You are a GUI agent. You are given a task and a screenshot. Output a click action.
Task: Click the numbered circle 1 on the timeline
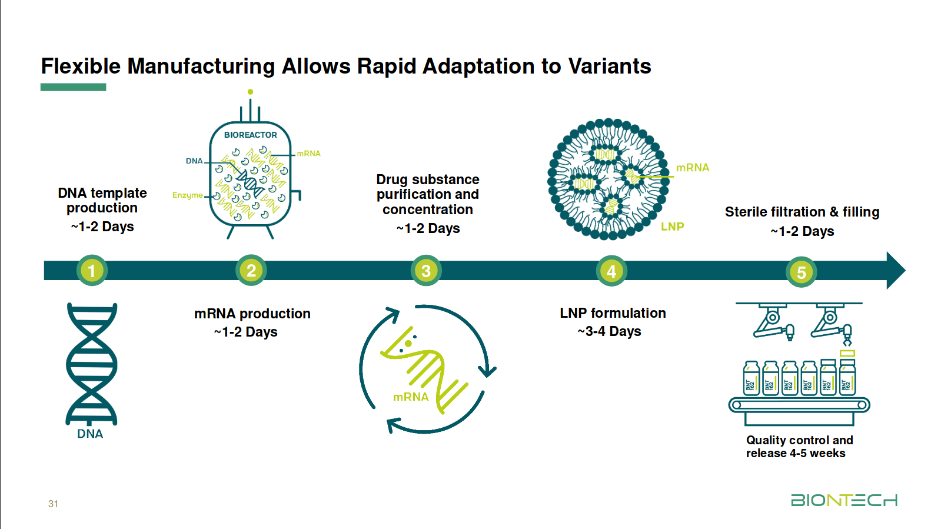coord(92,271)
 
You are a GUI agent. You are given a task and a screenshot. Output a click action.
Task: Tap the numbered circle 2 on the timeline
coord(251,270)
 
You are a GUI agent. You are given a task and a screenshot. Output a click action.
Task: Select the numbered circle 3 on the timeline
coord(426,271)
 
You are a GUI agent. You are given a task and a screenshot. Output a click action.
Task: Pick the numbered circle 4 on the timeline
coord(611,271)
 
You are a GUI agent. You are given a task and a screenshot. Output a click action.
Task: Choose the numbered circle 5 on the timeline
coord(801,272)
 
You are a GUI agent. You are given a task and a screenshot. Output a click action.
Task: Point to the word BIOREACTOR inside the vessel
coord(250,135)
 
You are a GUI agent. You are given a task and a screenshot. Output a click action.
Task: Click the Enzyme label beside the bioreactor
coord(187,195)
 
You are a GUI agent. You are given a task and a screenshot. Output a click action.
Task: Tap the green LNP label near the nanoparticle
coord(672,227)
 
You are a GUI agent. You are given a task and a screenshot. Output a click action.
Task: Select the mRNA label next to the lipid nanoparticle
coord(693,168)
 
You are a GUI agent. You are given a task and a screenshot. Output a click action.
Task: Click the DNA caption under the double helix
coord(90,434)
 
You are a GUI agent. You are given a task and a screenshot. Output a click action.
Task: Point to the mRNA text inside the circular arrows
coord(411,397)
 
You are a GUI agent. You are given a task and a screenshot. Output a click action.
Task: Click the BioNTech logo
coord(844,500)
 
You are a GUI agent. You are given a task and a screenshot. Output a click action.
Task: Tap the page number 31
coord(53,504)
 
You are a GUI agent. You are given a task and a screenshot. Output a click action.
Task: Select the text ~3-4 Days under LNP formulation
coord(609,331)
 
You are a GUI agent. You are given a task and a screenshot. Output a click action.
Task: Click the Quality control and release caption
coord(799,447)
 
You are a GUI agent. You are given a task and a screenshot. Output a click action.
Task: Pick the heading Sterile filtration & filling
coord(802,212)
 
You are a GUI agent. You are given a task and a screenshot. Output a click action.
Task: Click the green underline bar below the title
coord(73,87)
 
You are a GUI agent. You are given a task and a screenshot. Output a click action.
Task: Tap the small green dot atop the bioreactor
coord(250,92)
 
